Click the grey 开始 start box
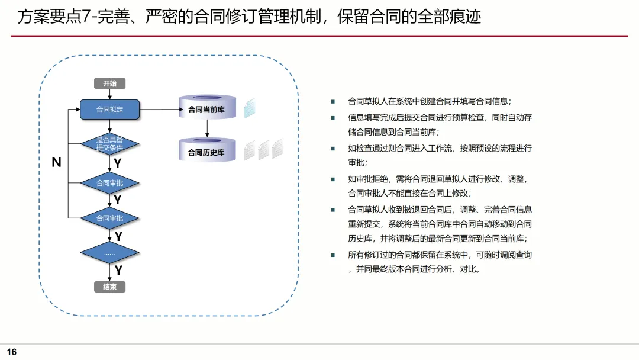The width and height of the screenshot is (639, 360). (109, 83)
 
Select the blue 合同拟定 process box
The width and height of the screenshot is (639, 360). (109, 110)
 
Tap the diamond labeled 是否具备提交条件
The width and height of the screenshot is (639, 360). (109, 143)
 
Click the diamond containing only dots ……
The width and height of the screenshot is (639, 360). (109, 253)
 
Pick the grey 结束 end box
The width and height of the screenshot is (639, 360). (109, 287)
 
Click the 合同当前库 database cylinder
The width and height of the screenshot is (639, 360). (207, 109)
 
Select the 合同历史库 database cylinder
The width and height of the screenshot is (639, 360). (207, 152)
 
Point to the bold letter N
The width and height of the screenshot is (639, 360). (57, 162)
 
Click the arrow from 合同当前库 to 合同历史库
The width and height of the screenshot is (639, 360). (207, 129)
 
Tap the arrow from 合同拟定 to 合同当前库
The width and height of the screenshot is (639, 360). (160, 110)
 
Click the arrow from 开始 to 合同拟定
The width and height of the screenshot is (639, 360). (109, 94)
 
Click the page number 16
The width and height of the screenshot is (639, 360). (12, 352)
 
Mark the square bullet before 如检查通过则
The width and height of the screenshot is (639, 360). (333, 148)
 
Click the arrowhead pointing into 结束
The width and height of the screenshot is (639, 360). (109, 278)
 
